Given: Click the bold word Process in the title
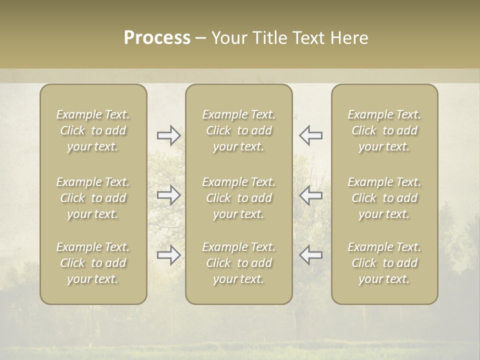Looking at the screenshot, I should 157,38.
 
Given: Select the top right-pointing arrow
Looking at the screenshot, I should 169,135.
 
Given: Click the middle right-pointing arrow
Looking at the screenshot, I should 169,195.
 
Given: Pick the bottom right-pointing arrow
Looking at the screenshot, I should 169,255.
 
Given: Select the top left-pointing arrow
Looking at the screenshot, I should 311,135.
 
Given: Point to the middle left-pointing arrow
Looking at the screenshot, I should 311,195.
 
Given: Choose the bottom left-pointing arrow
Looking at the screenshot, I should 311,255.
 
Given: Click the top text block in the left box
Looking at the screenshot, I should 93,130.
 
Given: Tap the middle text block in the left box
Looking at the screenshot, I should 93,198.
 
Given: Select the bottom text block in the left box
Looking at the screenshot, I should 93,263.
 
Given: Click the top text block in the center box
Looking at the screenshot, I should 239,130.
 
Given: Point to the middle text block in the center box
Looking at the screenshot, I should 239,198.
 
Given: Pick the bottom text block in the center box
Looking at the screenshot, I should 239,263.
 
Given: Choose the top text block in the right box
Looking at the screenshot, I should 384,130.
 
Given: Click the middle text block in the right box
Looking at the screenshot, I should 384,198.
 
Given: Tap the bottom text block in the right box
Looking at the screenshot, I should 384,263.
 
